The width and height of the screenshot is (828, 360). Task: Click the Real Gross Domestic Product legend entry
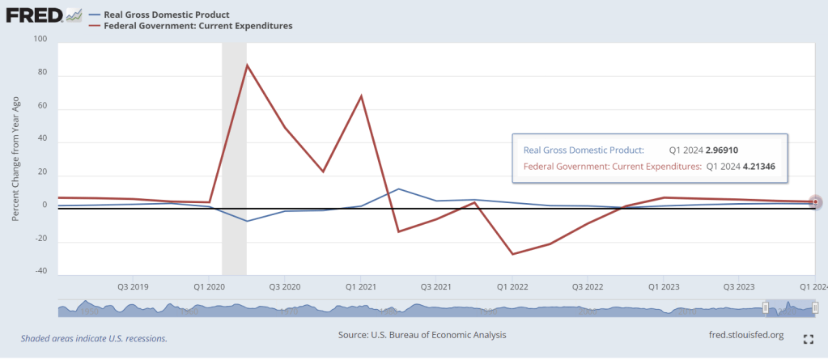[x=166, y=15]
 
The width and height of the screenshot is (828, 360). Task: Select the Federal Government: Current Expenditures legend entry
[x=197, y=26]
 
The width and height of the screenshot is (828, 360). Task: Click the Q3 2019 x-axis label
[x=133, y=287]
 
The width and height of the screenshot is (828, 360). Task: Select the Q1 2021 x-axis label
[x=360, y=287]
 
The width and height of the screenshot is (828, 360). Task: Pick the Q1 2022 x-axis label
[x=512, y=287]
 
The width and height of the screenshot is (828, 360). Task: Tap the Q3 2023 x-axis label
[x=739, y=287]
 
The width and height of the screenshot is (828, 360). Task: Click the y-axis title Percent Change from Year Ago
[x=15, y=155]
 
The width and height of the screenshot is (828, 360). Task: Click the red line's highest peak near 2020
[x=247, y=65]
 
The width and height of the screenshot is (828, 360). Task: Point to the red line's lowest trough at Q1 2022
[x=512, y=254]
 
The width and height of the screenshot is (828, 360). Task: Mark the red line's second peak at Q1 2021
[x=361, y=96]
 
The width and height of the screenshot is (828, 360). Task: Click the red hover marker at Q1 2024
[x=816, y=201]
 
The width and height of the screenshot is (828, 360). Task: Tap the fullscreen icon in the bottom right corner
[x=808, y=338]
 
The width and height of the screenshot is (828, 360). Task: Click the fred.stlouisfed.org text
[x=745, y=334]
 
